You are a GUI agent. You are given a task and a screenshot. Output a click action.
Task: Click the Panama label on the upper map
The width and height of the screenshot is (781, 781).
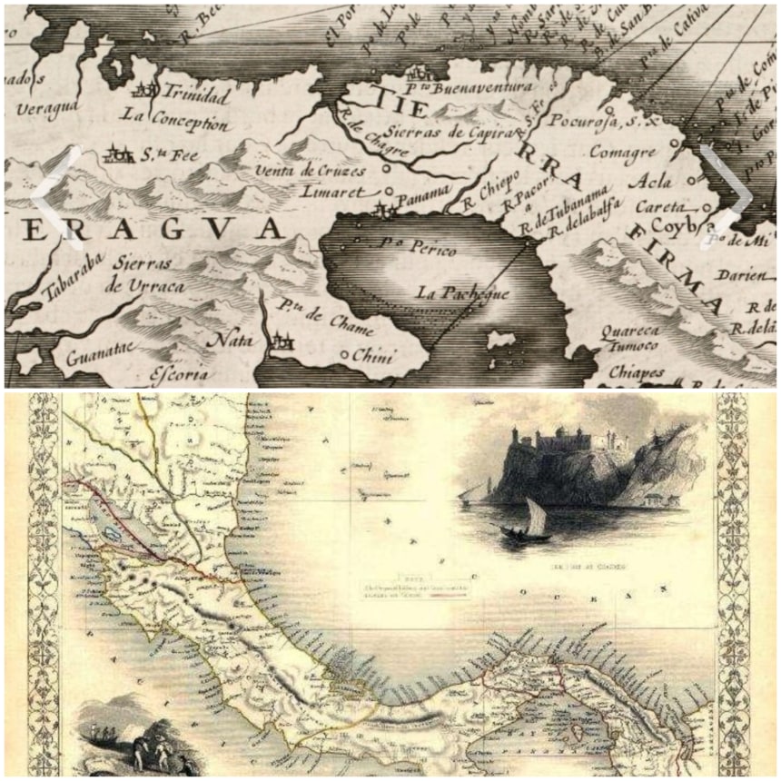425,193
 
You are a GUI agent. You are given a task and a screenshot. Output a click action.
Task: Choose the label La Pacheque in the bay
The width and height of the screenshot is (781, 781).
462,292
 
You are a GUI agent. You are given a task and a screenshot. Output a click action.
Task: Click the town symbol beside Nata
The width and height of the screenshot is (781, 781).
283,341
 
